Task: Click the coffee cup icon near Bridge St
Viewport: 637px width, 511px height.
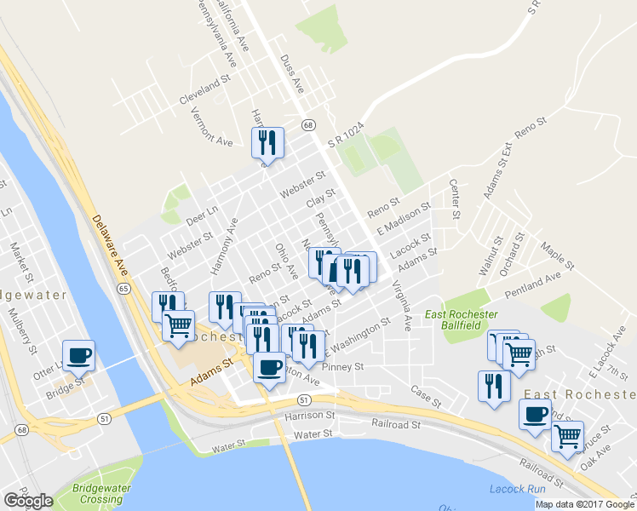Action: [x=78, y=356]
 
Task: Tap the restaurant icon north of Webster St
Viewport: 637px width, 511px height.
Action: [x=267, y=143]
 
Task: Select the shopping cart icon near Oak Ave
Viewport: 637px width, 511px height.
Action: [x=567, y=437]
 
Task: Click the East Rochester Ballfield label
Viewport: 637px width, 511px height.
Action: [x=462, y=320]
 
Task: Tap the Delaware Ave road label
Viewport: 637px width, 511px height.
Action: [x=110, y=244]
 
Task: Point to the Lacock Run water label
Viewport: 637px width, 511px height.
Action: [x=512, y=489]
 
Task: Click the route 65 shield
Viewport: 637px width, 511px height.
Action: [x=124, y=290]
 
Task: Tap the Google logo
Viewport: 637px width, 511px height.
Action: [x=28, y=501]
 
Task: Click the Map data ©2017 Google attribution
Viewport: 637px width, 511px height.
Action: [x=584, y=504]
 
